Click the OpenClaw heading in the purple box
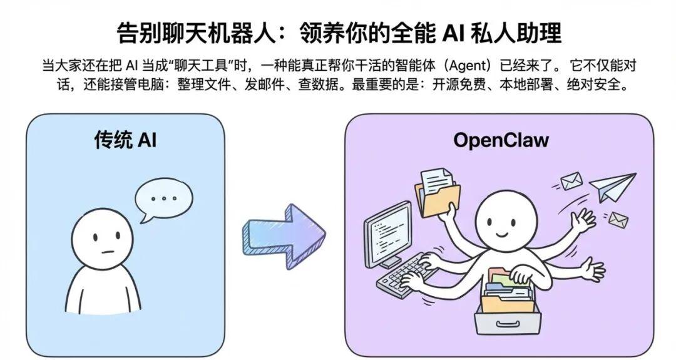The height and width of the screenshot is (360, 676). (x=501, y=140)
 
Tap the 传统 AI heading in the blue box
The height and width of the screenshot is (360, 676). (x=125, y=140)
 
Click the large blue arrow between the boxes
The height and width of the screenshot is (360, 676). (x=284, y=235)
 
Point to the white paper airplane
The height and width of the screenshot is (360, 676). (x=611, y=186)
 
